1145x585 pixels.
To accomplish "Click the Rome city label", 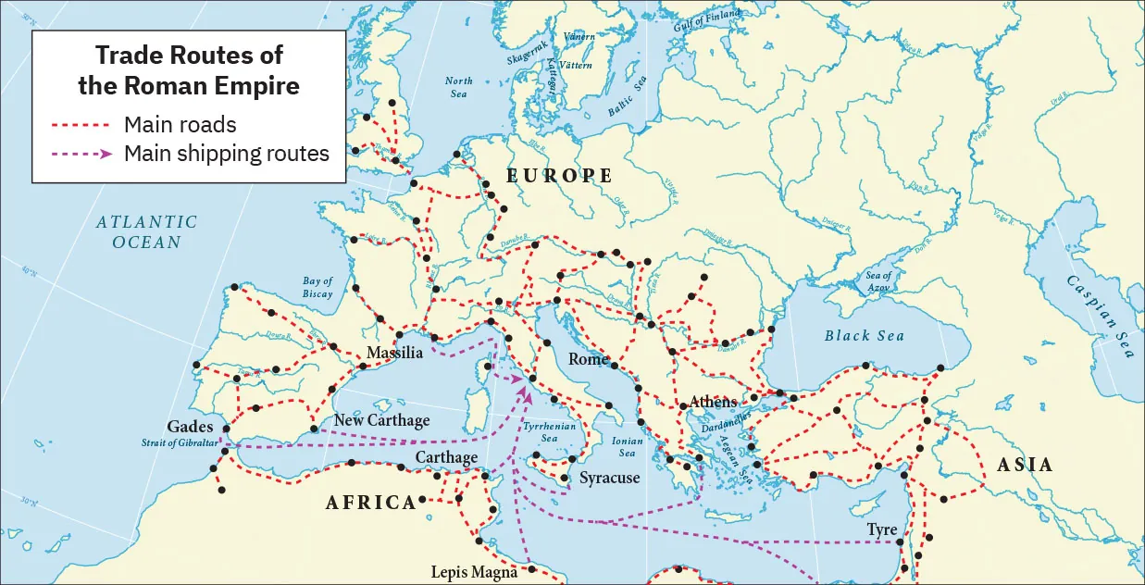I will click(x=588, y=359).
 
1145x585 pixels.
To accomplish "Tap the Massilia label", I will click(x=394, y=354).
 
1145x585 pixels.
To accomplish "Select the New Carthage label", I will click(x=381, y=420).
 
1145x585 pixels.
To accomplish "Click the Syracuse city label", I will click(x=609, y=479).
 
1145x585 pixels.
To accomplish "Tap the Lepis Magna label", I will click(x=475, y=572).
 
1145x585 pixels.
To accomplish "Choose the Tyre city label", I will click(x=881, y=529).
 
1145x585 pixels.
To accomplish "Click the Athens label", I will click(x=713, y=402).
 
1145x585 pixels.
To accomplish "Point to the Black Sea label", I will click(x=864, y=336).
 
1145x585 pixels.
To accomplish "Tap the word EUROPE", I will click(x=559, y=175).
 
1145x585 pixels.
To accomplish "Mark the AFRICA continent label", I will click(x=370, y=503).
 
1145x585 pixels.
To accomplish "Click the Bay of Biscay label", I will click(x=317, y=288).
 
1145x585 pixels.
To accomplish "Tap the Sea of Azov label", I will click(x=878, y=281).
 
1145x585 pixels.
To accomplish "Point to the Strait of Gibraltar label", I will click(x=180, y=444).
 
